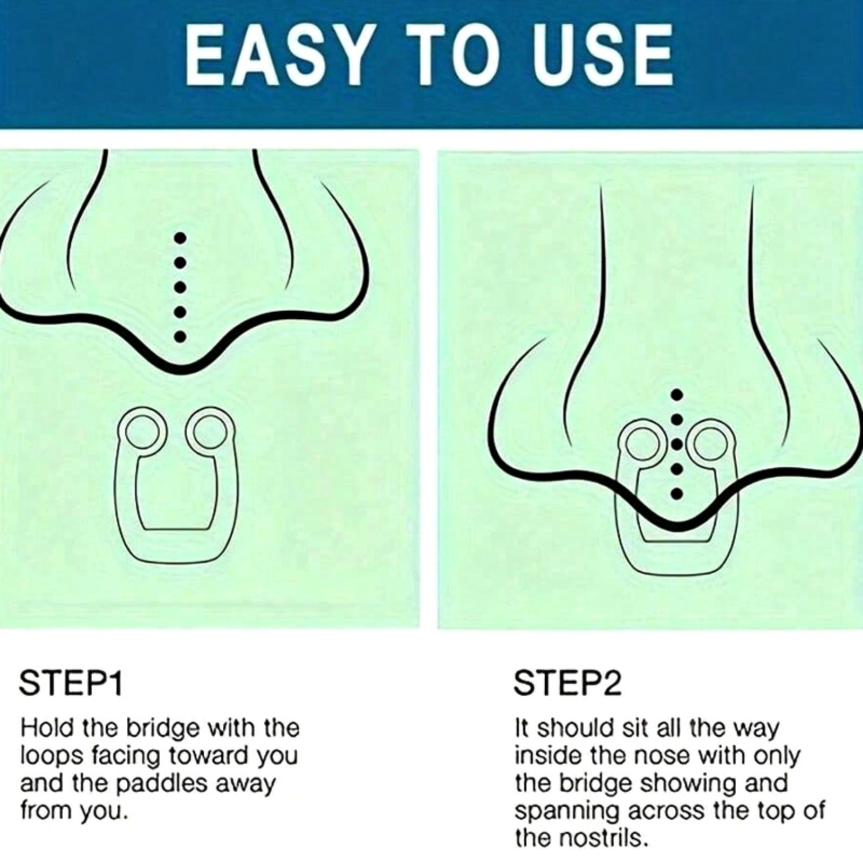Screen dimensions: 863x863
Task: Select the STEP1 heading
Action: [71, 683]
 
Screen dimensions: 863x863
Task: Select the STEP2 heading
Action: [567, 683]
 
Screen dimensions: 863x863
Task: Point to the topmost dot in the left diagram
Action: [181, 238]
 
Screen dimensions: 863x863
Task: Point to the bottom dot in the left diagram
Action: [181, 337]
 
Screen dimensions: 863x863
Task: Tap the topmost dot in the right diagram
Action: [678, 394]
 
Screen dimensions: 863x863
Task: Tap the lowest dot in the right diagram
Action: [678, 493]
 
